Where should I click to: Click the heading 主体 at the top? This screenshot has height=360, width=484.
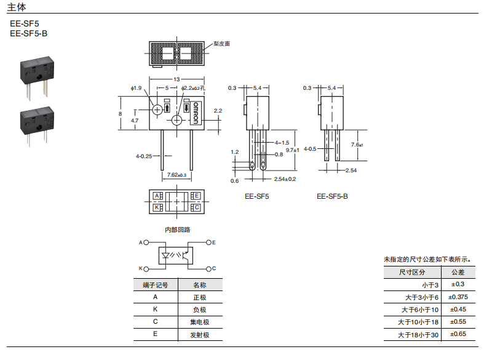[17, 7]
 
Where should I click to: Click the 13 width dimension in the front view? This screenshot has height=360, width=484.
[177, 80]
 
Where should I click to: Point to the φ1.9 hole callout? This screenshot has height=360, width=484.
[136, 88]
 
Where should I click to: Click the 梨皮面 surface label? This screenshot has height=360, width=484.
[222, 44]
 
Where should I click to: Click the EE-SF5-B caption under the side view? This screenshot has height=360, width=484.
[332, 196]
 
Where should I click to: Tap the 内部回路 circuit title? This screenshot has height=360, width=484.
[177, 230]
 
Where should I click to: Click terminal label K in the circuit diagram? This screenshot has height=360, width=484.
[140, 269]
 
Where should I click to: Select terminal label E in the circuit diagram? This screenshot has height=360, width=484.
[213, 243]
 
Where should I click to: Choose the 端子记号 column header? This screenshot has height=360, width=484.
[155, 285]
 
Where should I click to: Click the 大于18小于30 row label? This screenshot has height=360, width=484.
[418, 335]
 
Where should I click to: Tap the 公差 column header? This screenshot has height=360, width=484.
[458, 272]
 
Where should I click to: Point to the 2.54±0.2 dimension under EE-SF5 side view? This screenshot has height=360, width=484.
[285, 179]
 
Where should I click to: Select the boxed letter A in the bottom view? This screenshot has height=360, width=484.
[157, 196]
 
